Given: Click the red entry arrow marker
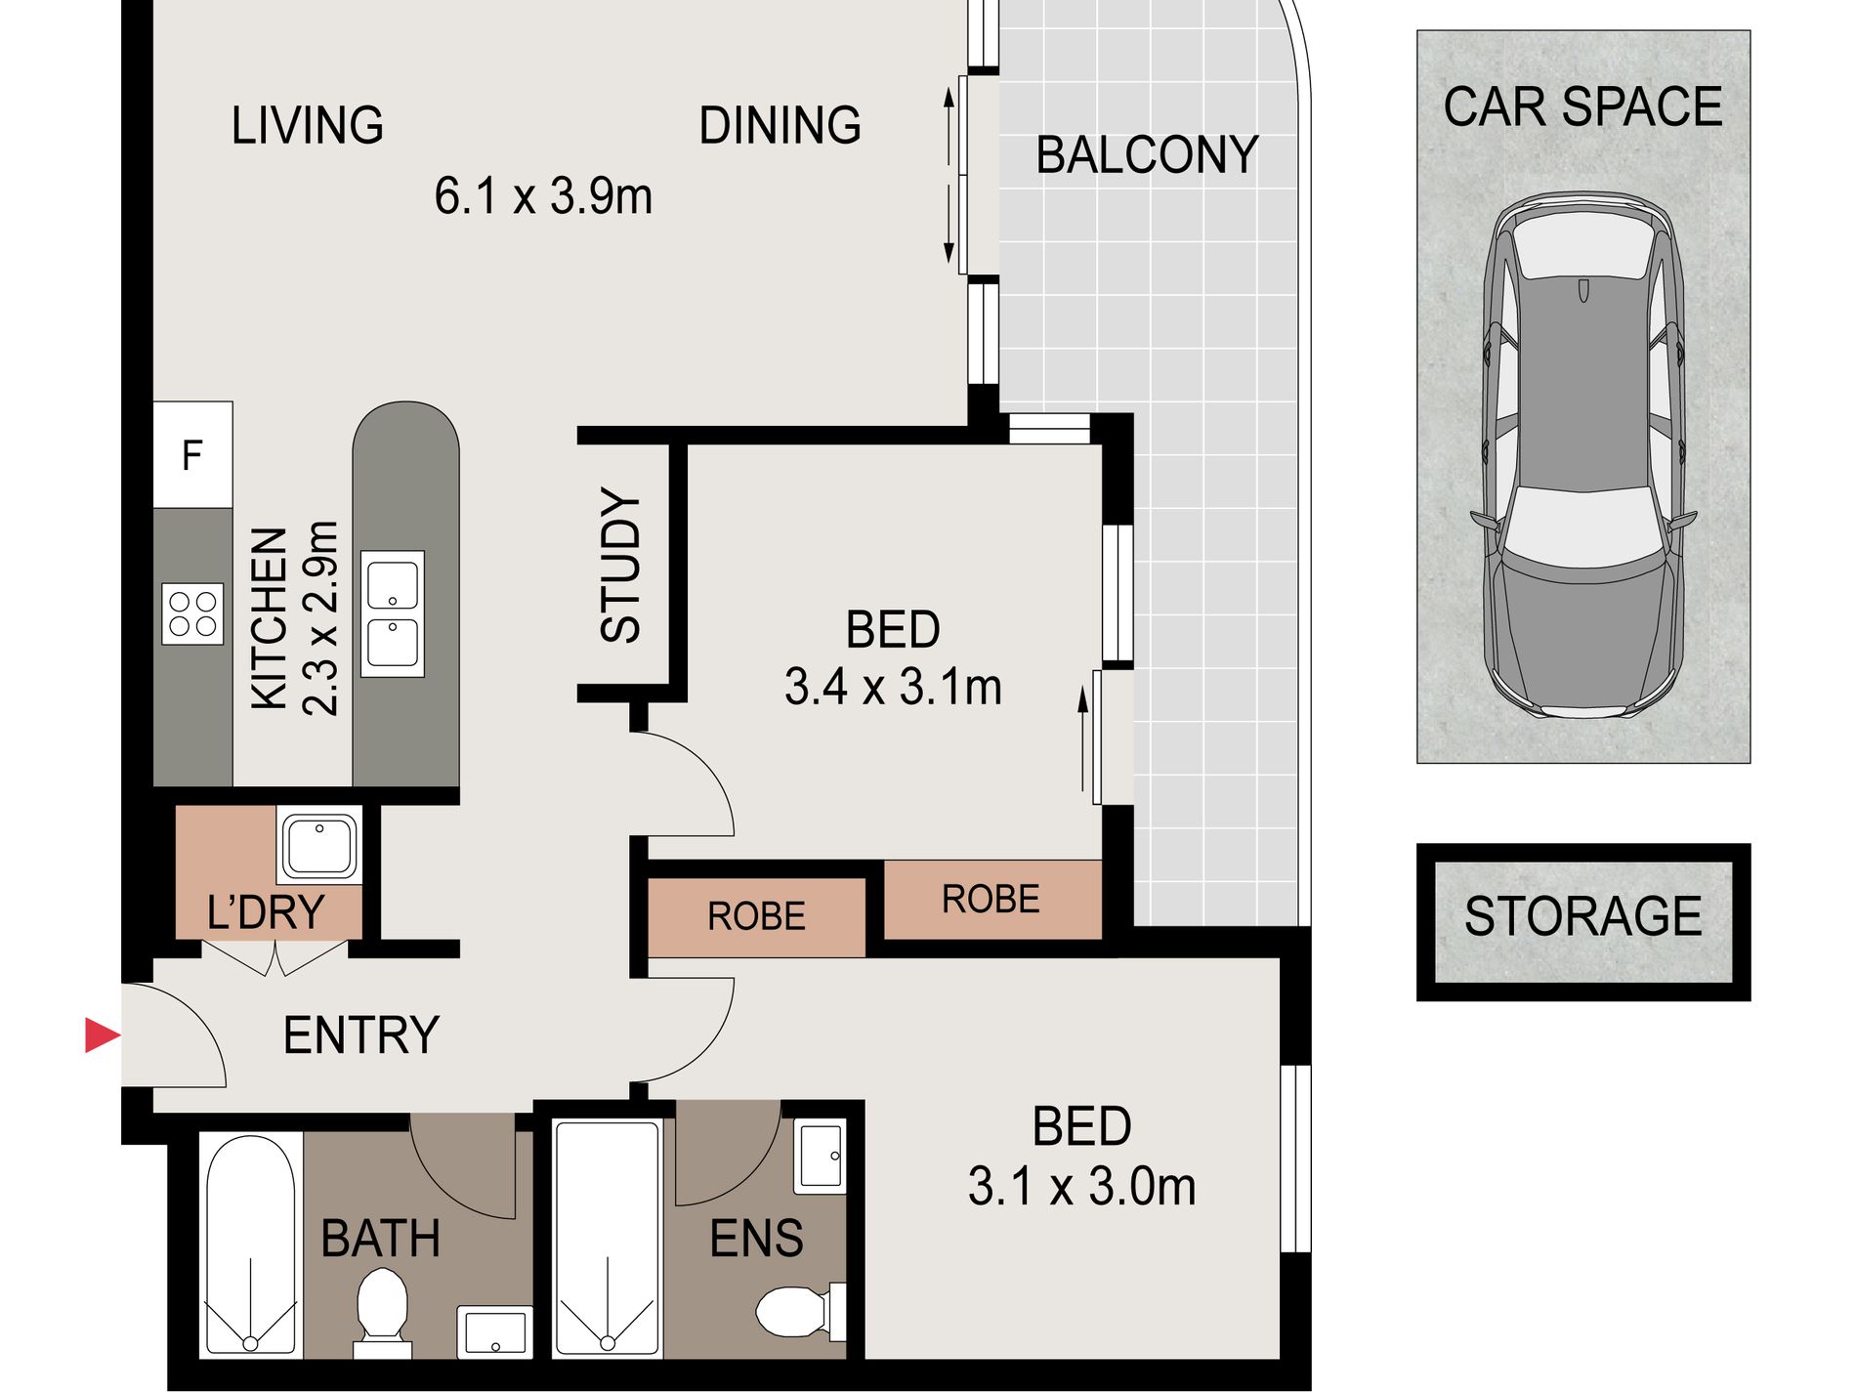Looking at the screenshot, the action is pos(101,1035).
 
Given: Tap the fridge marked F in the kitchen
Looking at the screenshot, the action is pos(192,454).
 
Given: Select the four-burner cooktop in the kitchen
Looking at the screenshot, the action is pos(192,613).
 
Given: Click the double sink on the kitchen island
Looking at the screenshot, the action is pos(393,613).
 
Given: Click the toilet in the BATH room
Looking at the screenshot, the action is pos(382,1313).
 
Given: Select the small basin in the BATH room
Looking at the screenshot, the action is pos(495,1331).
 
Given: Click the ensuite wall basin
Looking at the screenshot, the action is pos(820,1157).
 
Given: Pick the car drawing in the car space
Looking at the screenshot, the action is pos(1582,455).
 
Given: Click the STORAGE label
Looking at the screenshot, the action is pos(1582,916).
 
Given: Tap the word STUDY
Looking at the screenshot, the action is pos(619,566).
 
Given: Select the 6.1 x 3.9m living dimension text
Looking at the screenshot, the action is pos(543,195).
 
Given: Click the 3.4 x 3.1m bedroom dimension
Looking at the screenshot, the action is pos(893,687).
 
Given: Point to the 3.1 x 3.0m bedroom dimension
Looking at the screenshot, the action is pos(1081,1187).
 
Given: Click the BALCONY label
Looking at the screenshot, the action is pos(1147,155).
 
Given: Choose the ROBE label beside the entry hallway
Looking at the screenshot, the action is pos(756,916).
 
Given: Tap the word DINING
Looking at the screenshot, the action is pos(780,125).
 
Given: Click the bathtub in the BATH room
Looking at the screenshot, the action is pos(251,1244).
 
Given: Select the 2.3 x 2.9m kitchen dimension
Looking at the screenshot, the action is pos(320,618).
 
